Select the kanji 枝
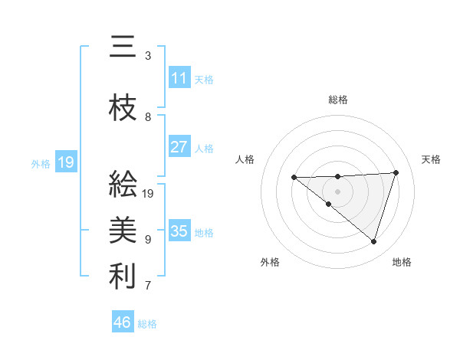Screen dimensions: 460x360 pos(123,109)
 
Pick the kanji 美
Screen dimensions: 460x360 pos(123,230)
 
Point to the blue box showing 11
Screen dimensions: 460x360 pos(179,78)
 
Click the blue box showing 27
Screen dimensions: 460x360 pos(179,147)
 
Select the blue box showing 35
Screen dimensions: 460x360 pos(179,231)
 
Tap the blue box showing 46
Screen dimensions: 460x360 pos(123,322)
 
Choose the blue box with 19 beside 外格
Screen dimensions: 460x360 pos(66,162)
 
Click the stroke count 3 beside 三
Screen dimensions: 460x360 pos(148,56)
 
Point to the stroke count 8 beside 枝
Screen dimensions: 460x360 pos(148,117)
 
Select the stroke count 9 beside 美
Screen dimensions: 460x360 pos(148,239)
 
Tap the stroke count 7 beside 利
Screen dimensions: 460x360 pos(148,286)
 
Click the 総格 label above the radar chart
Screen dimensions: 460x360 pos(338,100)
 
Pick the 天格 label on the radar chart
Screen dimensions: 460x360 pos(432,159)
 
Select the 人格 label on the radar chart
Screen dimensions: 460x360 pos(245,159)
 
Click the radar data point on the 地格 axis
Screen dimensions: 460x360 pos(374,242)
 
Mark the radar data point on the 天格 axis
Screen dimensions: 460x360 pos(396,172)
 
